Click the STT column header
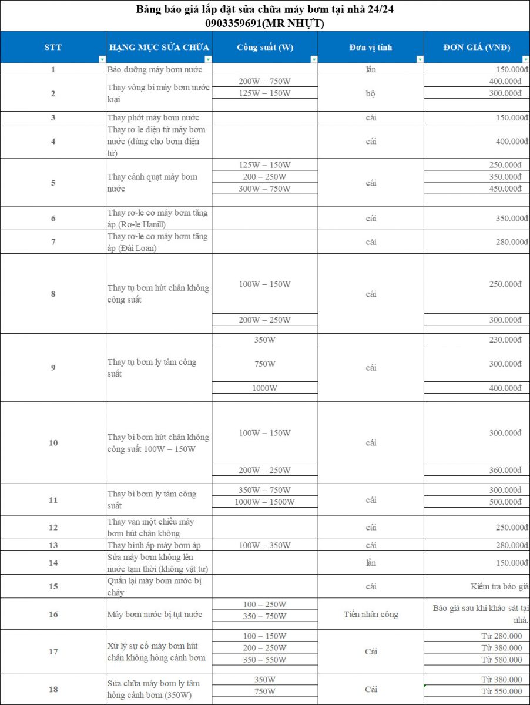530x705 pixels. (53, 47)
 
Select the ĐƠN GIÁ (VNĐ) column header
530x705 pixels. (477, 47)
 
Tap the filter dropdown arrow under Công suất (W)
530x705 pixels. (314, 59)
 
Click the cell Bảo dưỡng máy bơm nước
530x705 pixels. (155, 69)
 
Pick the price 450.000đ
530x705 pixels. (505, 189)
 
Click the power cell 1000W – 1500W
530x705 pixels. (264, 502)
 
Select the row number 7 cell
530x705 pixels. (53, 242)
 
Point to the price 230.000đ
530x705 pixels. (505, 340)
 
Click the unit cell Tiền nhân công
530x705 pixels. (371, 615)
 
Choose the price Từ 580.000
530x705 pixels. (501, 660)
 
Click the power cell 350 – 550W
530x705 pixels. (264, 660)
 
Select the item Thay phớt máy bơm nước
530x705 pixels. (153, 117)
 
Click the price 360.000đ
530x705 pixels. (505, 470)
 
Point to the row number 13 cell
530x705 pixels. (53, 545)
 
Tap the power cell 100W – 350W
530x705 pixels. (264, 545)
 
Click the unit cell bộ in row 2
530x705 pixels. (371, 93)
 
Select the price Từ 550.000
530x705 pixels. (501, 691)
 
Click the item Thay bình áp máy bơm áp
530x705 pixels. (154, 545)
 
